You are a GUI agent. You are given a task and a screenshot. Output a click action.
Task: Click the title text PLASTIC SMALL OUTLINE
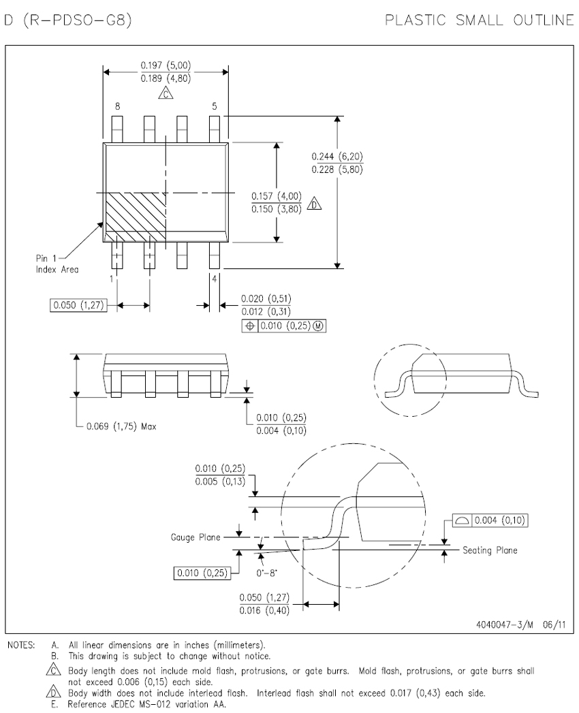(x=480, y=20)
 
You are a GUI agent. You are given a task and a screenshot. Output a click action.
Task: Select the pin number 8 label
(x=117, y=106)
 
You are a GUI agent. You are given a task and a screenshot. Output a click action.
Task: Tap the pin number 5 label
(x=214, y=106)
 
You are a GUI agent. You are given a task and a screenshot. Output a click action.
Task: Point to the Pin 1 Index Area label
(x=57, y=264)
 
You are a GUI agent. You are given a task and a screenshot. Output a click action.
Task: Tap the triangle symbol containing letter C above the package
(x=166, y=93)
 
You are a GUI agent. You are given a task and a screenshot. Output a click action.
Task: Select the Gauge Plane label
(x=195, y=537)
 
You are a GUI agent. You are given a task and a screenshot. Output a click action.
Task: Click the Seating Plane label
(x=490, y=550)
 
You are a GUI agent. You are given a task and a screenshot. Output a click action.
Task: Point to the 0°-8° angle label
(x=266, y=573)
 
